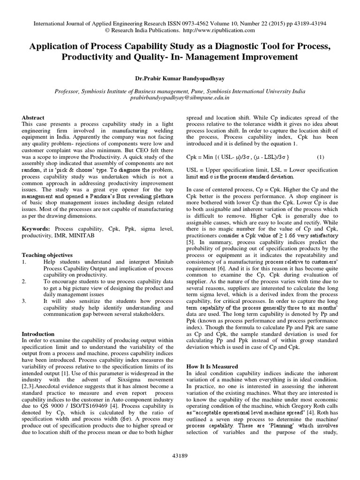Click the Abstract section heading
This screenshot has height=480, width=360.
[x=33, y=118]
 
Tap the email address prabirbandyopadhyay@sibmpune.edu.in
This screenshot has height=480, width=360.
[x=180, y=99]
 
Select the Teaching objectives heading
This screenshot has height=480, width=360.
[x=47, y=255]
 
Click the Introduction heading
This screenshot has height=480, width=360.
[x=38, y=334]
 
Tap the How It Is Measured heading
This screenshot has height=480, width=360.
[x=212, y=366]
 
